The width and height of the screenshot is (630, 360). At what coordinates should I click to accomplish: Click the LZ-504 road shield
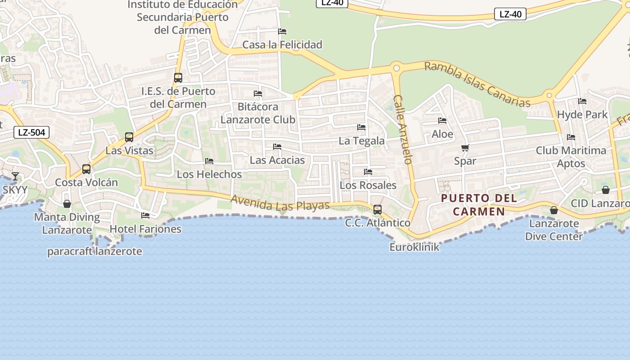tap(31, 132)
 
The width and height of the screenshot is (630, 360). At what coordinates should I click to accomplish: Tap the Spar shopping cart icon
tap(465, 148)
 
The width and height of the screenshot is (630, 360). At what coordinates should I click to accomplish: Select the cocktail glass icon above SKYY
tap(15, 176)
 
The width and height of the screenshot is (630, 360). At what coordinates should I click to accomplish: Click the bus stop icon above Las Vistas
tap(129, 137)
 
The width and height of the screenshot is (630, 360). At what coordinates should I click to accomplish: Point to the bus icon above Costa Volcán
tap(86, 169)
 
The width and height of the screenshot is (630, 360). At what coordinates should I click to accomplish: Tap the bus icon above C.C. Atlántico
tap(378, 210)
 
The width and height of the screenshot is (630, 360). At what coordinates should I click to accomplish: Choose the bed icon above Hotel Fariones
tap(145, 216)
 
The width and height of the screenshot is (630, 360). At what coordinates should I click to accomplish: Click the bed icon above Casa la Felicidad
tap(282, 31)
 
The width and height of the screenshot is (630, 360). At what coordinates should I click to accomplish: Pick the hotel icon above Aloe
tap(442, 121)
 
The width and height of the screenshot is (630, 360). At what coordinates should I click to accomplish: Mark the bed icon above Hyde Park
tap(582, 101)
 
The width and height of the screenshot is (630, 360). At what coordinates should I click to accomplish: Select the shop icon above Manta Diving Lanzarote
tap(67, 204)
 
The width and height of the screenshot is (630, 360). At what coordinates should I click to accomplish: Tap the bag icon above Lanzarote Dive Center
tap(554, 210)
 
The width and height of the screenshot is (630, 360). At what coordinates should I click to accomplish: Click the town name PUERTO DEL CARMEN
tap(479, 205)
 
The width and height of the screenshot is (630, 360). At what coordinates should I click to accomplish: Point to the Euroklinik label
tap(414, 247)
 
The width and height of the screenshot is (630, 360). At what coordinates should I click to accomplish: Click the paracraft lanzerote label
tap(94, 251)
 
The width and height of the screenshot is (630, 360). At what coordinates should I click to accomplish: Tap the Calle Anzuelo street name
tap(403, 129)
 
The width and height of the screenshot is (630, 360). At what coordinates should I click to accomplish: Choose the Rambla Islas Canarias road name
tap(477, 84)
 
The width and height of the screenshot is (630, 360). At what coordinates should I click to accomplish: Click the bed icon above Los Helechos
tap(209, 161)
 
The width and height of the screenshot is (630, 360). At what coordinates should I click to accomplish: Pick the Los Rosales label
tap(368, 185)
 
